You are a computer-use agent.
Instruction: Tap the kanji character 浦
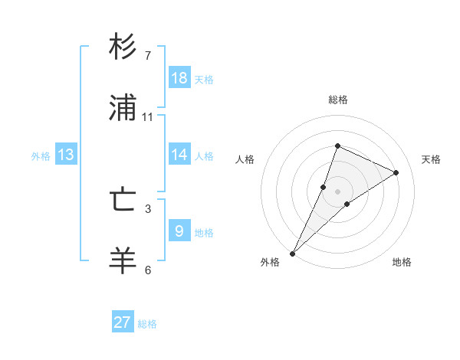point(123,109)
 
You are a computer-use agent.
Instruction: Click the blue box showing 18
point(179,78)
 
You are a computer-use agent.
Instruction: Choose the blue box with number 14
point(179,155)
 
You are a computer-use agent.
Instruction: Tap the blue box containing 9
point(179,231)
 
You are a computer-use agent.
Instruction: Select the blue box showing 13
point(66,155)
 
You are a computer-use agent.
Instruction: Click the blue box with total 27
point(123,322)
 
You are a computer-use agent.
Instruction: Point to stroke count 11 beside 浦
point(148,117)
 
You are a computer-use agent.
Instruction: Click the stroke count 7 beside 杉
point(148,56)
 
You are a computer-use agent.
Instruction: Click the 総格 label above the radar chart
point(337,100)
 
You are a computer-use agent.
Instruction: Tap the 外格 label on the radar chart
point(270,262)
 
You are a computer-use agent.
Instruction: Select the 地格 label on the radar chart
point(402,262)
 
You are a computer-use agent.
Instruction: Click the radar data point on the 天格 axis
point(396,172)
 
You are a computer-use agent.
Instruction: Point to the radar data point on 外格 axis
point(292,253)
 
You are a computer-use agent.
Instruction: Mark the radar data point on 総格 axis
point(337,146)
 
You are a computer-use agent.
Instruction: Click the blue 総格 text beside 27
point(147,324)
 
